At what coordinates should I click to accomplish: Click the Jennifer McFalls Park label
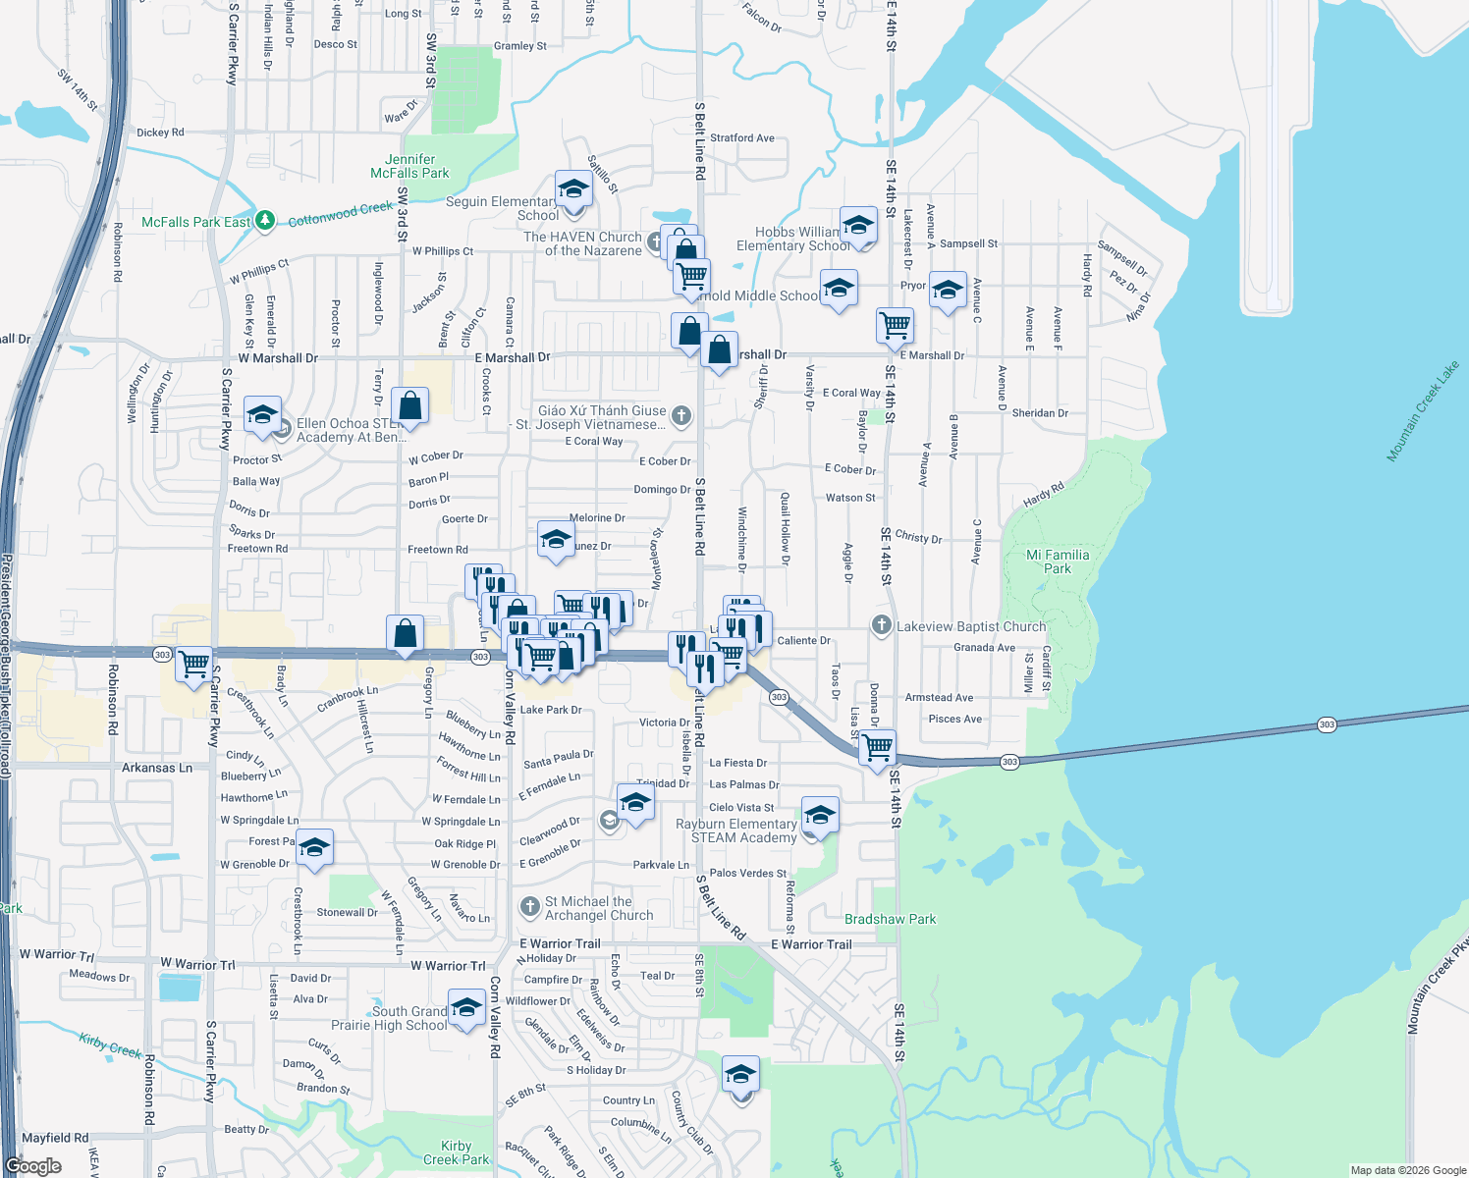click(409, 166)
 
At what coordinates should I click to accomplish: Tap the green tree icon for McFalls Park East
click(264, 222)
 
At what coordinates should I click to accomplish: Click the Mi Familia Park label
click(1058, 562)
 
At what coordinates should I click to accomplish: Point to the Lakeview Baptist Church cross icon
click(881, 625)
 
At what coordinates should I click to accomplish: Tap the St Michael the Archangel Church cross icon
click(530, 906)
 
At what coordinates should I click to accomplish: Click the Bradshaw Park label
click(891, 919)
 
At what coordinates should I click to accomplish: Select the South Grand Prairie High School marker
click(466, 1008)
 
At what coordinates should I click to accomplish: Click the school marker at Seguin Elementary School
click(573, 188)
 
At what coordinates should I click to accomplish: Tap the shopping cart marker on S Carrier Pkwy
click(194, 664)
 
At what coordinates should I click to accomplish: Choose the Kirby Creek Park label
click(456, 1152)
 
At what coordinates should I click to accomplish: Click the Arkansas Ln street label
click(157, 768)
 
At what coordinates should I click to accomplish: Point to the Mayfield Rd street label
click(55, 1138)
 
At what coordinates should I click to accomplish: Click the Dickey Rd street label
click(160, 133)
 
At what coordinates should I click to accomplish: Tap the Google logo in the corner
click(33, 1165)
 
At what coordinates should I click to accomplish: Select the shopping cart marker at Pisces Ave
click(877, 747)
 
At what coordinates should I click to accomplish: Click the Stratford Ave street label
click(741, 138)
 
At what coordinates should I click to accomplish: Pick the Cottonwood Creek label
click(340, 214)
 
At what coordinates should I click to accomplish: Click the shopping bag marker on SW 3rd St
click(409, 404)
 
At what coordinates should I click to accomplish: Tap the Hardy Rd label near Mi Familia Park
click(1043, 495)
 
